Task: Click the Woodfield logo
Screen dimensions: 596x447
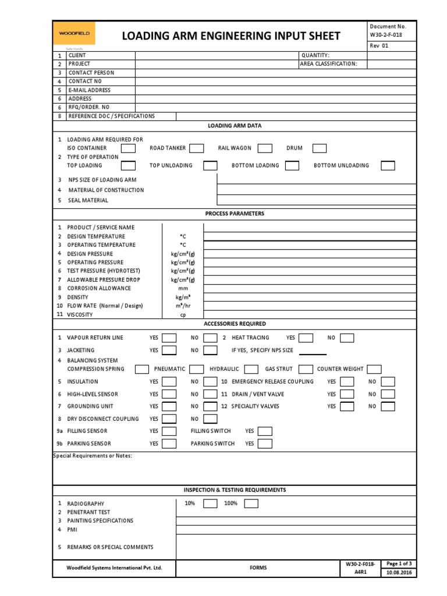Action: point(74,34)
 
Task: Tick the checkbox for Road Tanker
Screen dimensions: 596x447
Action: point(196,148)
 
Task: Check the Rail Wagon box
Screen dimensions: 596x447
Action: point(265,148)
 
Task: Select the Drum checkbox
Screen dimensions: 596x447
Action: point(320,148)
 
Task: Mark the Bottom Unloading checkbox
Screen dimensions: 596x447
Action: point(388,166)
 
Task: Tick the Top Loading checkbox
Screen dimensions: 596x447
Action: point(128,166)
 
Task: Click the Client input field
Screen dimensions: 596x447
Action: point(215,55)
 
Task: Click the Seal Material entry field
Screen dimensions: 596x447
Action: point(317,200)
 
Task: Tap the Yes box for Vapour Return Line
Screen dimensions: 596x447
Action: point(169,338)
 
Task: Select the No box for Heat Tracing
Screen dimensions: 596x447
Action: point(347,338)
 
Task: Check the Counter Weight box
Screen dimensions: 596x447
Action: point(374,369)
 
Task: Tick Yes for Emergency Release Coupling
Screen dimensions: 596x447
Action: point(347,382)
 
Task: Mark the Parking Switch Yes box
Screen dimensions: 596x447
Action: point(265,444)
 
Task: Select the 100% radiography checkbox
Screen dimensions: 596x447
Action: point(251,503)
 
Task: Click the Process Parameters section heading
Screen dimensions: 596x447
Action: point(235,214)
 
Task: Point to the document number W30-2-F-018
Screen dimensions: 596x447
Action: point(386,35)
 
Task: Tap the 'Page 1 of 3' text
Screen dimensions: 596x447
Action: point(399,563)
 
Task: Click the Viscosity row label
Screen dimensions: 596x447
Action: point(80,315)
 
